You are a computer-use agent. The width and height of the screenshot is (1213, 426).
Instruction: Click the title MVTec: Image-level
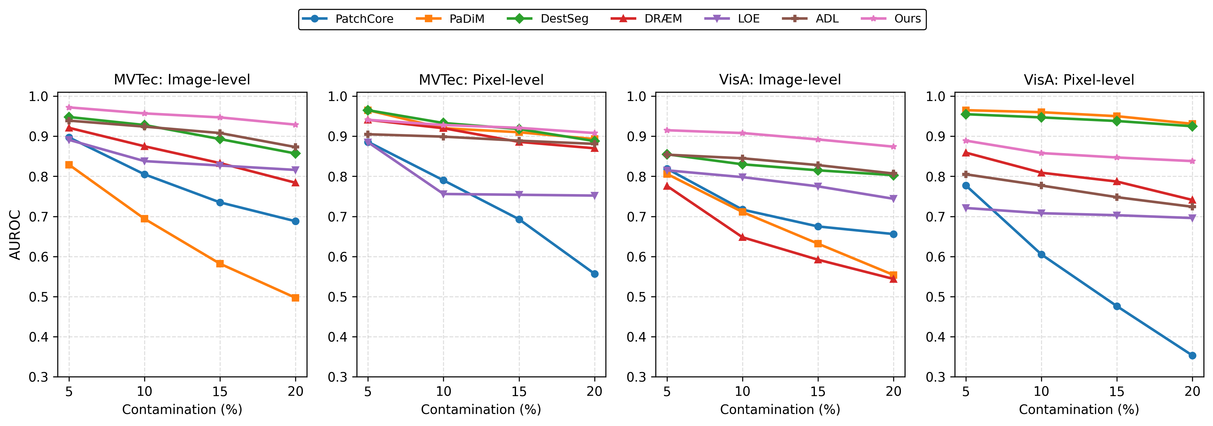coord(182,79)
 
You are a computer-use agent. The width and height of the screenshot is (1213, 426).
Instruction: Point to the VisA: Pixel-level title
coord(1079,79)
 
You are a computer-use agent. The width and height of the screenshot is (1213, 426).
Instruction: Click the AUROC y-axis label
coord(15,234)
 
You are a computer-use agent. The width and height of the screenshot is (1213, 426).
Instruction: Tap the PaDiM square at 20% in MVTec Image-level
coord(295,298)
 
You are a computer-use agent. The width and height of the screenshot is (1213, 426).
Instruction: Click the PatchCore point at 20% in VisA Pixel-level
coord(1192,355)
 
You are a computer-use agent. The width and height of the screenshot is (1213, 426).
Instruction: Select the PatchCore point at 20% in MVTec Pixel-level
coord(594,274)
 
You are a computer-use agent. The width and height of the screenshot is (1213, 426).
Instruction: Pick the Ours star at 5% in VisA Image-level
coord(667,130)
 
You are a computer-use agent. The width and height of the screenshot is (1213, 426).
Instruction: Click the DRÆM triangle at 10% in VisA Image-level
coord(743,237)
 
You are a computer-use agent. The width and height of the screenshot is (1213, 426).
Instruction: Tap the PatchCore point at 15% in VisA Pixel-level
coord(1117,306)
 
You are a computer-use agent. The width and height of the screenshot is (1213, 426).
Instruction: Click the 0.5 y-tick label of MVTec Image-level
coord(39,297)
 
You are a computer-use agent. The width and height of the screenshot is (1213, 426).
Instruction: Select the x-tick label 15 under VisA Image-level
coord(818,391)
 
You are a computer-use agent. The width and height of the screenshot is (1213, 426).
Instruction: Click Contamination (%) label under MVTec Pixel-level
coord(481,410)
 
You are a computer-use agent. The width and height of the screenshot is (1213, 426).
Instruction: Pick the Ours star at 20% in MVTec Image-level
coord(295,125)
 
